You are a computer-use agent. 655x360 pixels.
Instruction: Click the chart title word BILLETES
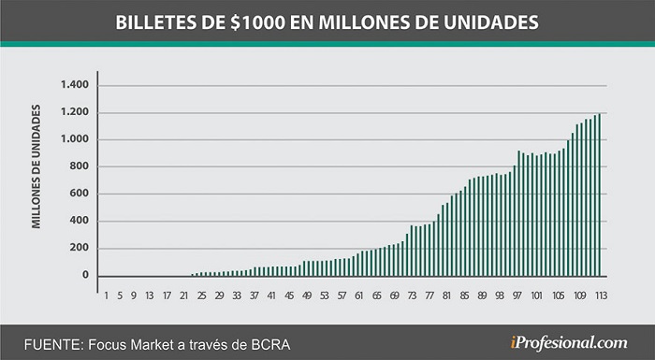[x=156, y=22]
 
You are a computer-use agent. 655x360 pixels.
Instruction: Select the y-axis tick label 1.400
[x=75, y=85]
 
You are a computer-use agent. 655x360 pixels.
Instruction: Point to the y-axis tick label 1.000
[x=75, y=139]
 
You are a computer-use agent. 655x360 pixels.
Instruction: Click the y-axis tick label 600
[x=80, y=194]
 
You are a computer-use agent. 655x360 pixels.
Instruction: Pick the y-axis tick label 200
[x=80, y=248]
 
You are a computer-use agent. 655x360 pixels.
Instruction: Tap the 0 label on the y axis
[x=85, y=275]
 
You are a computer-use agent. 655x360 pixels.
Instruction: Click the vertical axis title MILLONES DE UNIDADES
[x=36, y=166]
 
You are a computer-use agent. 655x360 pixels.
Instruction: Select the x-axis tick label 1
[x=106, y=295]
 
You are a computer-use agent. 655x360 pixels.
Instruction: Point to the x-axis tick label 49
[x=307, y=295]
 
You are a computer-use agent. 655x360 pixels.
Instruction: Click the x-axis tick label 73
[x=412, y=295]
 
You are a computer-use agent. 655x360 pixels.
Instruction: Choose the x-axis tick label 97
[x=517, y=295]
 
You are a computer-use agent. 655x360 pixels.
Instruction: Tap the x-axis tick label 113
[x=601, y=295]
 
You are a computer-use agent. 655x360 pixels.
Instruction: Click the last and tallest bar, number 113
[x=600, y=194]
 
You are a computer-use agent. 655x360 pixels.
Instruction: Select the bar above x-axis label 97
[x=518, y=213]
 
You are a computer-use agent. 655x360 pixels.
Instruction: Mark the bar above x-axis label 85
[x=465, y=231]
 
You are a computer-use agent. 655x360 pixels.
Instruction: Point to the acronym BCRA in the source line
[x=270, y=345]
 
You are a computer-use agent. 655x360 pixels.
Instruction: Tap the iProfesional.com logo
[x=569, y=343]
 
